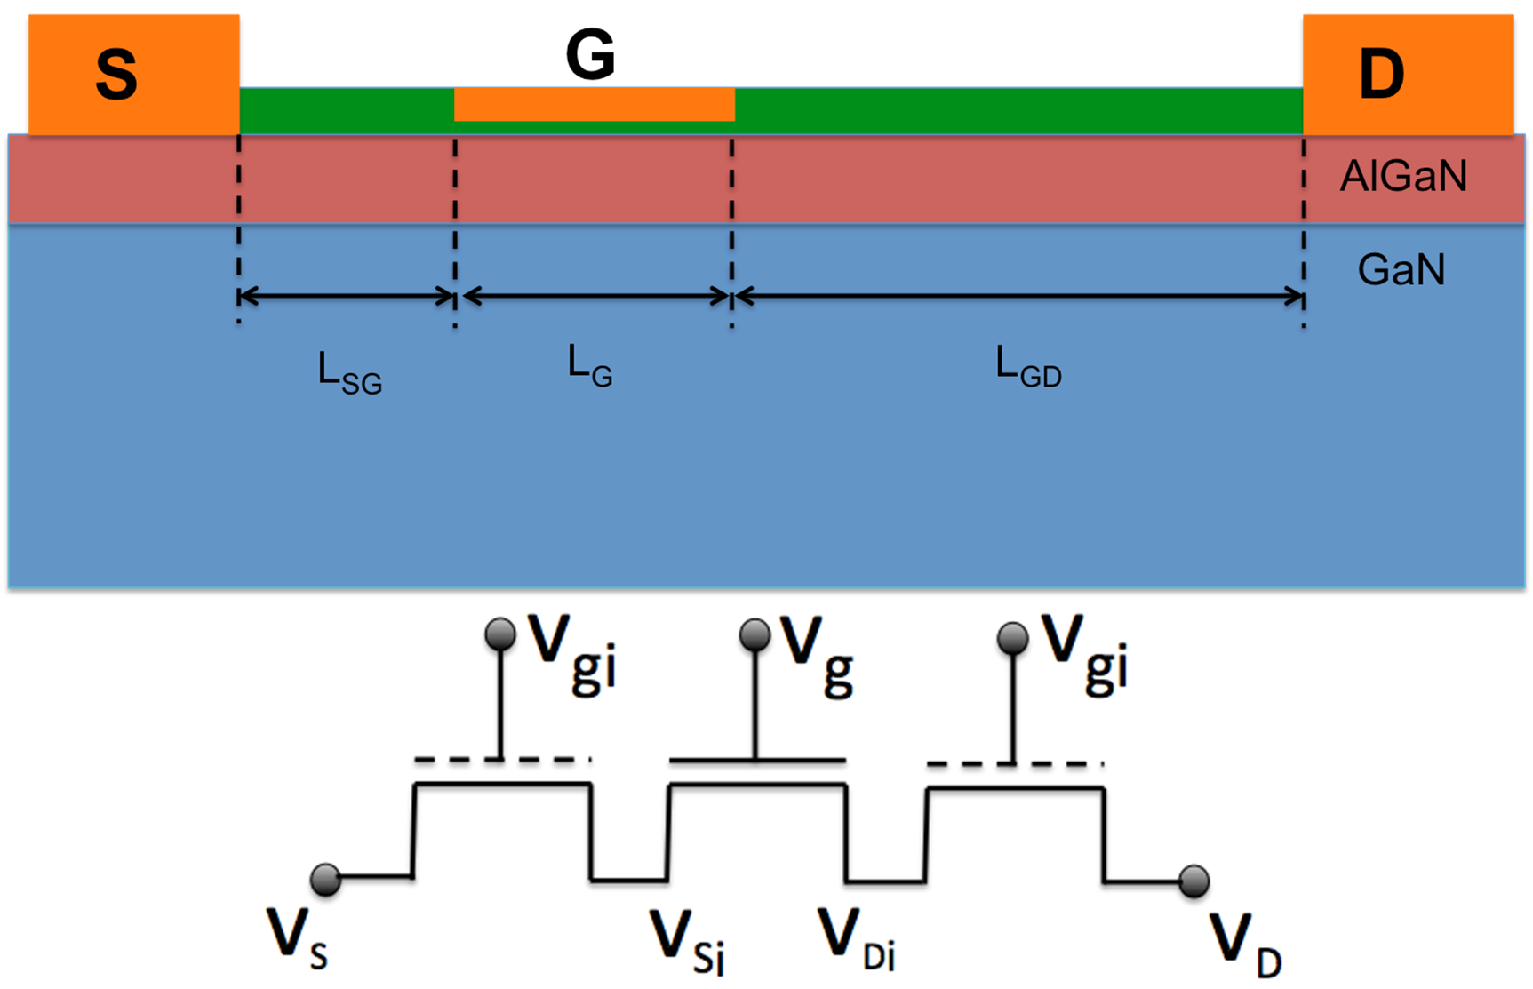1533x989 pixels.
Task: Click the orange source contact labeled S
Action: [133, 75]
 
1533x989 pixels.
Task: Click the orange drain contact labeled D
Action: [1409, 75]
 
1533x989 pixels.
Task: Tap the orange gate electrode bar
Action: [594, 104]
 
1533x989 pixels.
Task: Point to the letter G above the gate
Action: [590, 54]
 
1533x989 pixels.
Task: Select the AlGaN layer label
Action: [1403, 176]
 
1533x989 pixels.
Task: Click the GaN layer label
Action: [1401, 269]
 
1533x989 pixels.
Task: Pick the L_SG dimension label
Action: [349, 373]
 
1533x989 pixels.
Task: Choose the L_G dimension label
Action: [590, 367]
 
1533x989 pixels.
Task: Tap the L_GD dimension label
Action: [1028, 367]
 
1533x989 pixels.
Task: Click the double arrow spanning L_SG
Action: [347, 297]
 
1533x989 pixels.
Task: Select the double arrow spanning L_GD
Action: [1019, 297]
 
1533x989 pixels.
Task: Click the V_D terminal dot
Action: [1194, 881]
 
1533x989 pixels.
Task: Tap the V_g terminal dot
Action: [755, 634]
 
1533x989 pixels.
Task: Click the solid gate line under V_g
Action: [756, 761]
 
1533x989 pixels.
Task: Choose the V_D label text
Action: [1245, 945]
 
